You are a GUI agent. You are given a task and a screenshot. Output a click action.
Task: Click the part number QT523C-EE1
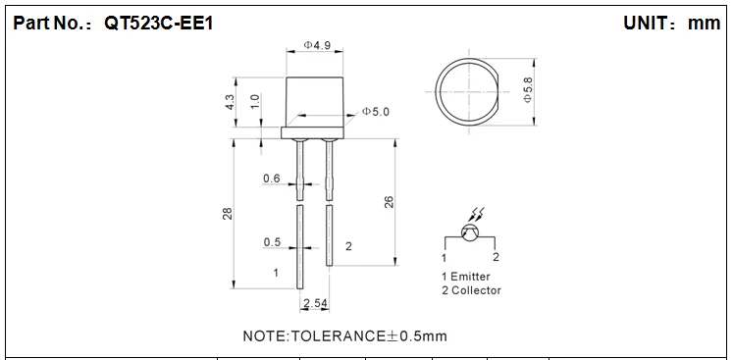pyautogui.click(x=159, y=23)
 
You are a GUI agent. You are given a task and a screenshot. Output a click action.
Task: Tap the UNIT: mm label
pyautogui.click(x=672, y=23)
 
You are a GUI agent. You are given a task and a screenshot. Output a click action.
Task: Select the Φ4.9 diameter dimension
pyautogui.click(x=317, y=45)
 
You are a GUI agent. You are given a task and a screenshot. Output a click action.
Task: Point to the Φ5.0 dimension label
pyautogui.click(x=375, y=112)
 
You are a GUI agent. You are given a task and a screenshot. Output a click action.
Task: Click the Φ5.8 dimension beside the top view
pyautogui.click(x=527, y=90)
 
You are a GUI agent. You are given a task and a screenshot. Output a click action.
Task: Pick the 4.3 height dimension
pyautogui.click(x=230, y=102)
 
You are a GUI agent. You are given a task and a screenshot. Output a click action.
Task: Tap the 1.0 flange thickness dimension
pyautogui.click(x=255, y=101)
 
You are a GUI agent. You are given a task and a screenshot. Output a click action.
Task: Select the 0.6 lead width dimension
pyautogui.click(x=272, y=179)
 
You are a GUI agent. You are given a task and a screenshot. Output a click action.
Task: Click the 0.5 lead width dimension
pyautogui.click(x=272, y=242)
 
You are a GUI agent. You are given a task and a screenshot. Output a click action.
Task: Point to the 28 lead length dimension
pyautogui.click(x=228, y=214)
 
